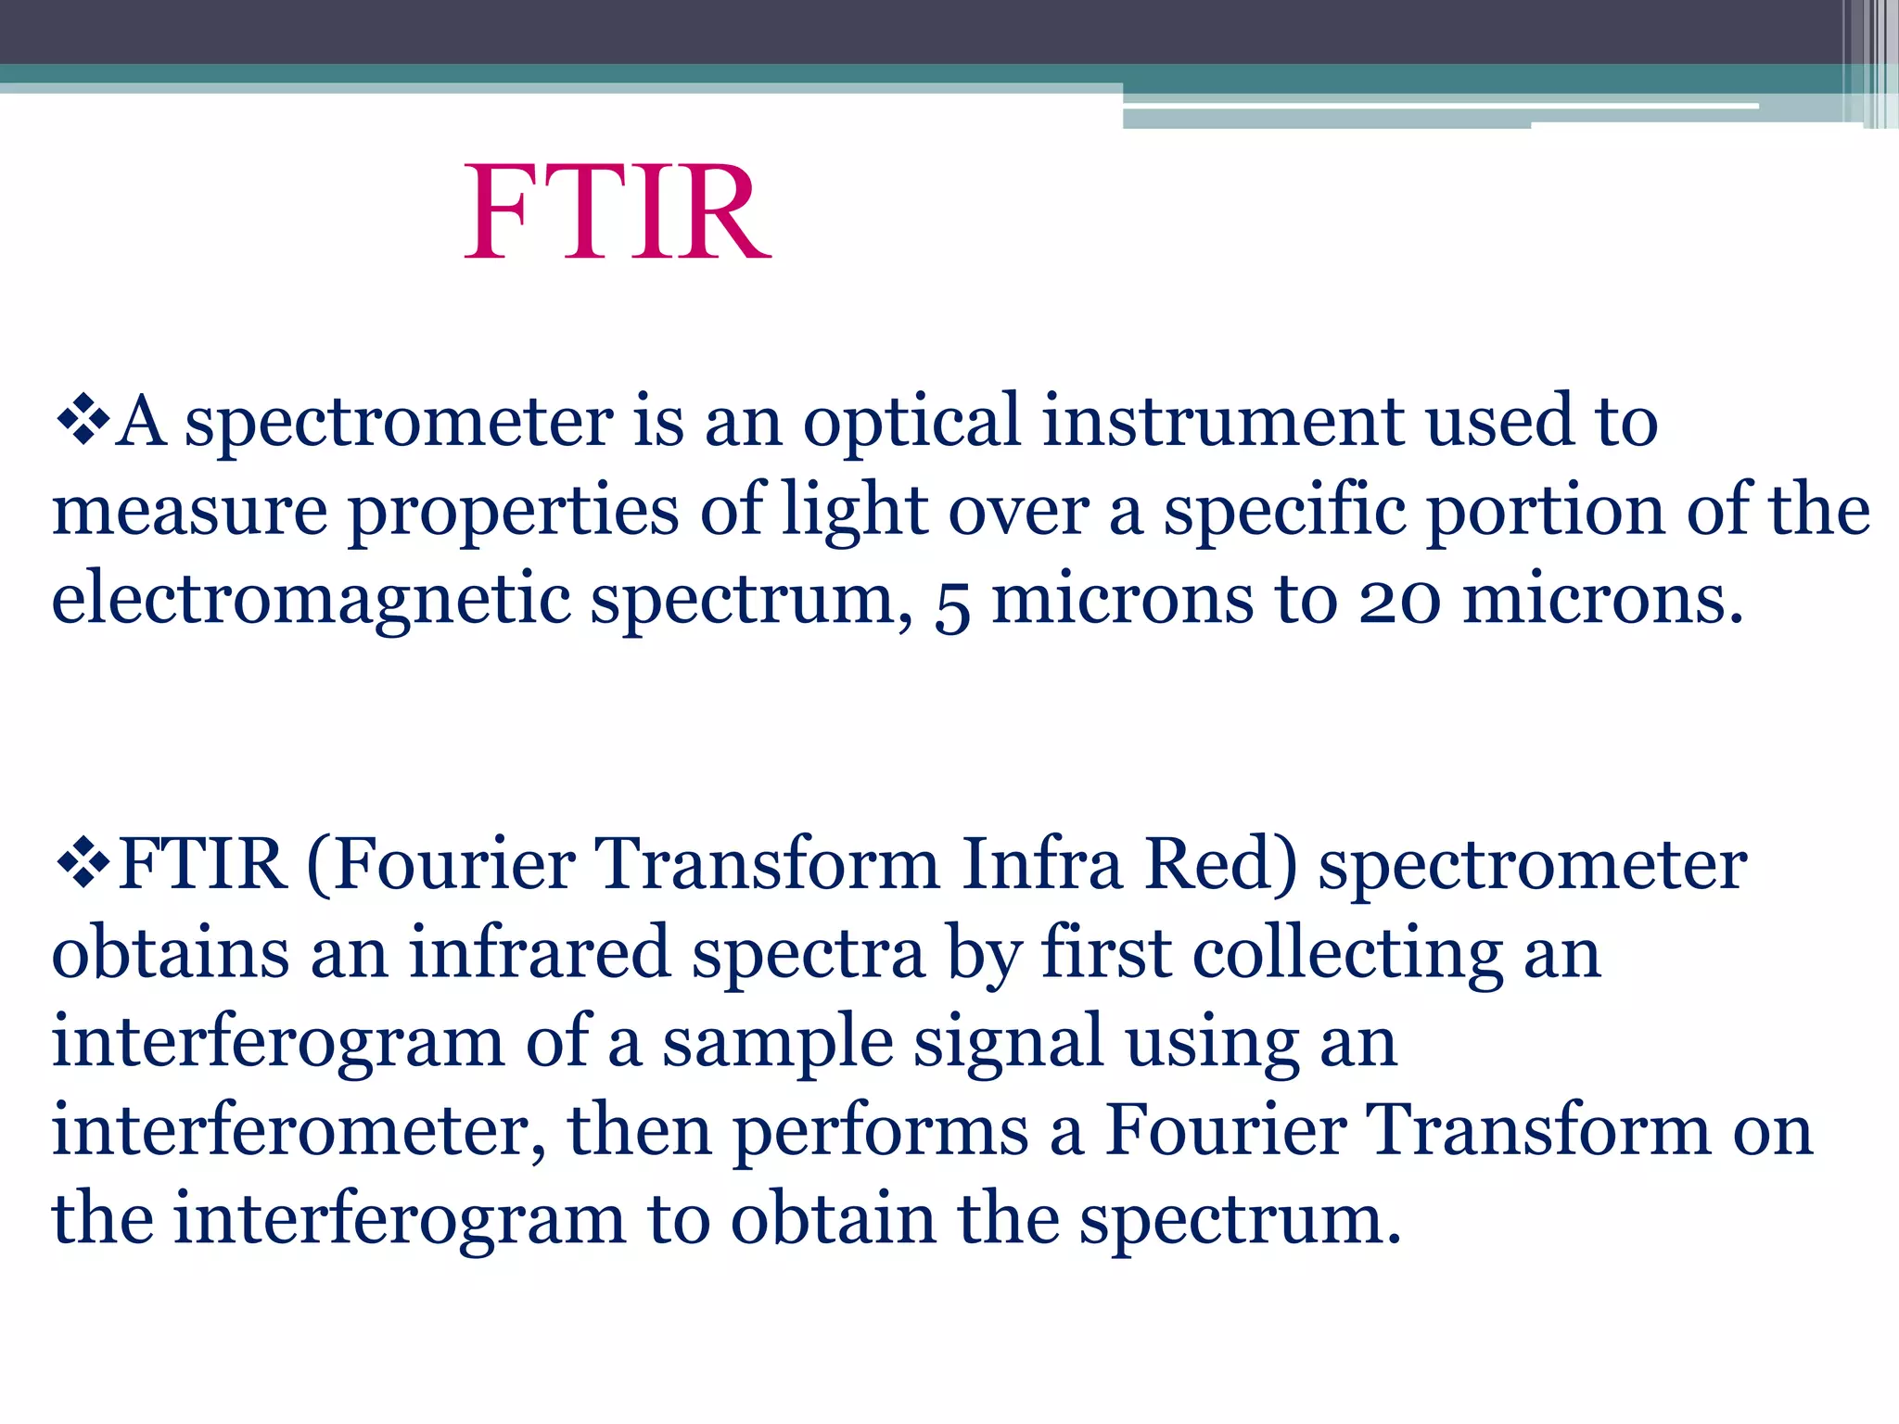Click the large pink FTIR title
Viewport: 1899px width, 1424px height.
(617, 213)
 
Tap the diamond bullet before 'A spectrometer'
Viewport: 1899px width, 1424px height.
(83, 421)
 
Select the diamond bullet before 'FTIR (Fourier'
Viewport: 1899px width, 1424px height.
(83, 864)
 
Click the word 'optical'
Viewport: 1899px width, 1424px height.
(911, 422)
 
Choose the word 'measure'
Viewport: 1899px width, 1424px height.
(189, 512)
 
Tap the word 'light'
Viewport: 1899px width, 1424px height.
(854, 512)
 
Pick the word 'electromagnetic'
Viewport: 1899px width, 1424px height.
(311, 601)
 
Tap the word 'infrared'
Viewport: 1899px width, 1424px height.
(539, 953)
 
